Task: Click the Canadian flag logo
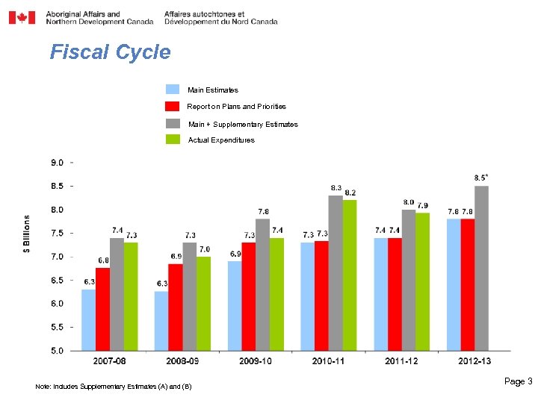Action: pos(22,17)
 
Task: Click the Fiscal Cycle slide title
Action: pos(110,52)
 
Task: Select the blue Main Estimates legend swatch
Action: pos(173,90)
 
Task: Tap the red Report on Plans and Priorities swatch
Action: pos(173,106)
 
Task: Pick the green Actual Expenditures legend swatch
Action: pos(173,140)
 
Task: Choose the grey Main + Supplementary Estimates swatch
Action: pos(173,123)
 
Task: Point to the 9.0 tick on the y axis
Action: pos(57,163)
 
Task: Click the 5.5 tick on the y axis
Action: pos(57,327)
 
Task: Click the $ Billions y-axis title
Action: pos(27,235)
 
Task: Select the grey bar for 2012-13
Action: pos(482,269)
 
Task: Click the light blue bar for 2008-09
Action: pos(161,321)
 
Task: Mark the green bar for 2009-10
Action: pos(276,294)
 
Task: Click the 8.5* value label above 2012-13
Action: pos(482,178)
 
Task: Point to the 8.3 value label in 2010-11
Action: pos(336,187)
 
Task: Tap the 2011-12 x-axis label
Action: pos(402,362)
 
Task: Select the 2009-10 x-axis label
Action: pos(256,362)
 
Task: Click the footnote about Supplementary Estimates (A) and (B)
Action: pos(114,387)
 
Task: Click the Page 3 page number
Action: pos(518,381)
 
